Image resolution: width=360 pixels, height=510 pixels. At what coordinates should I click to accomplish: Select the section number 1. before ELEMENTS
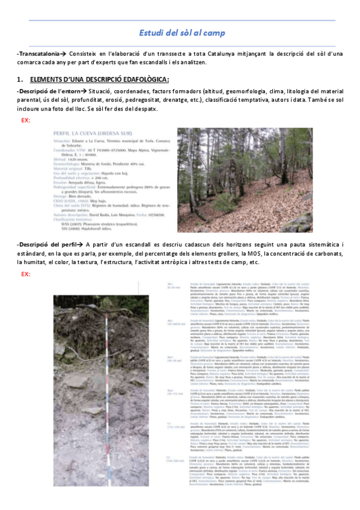point(20,79)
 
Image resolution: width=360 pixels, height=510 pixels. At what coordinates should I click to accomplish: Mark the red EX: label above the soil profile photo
point(26,274)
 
